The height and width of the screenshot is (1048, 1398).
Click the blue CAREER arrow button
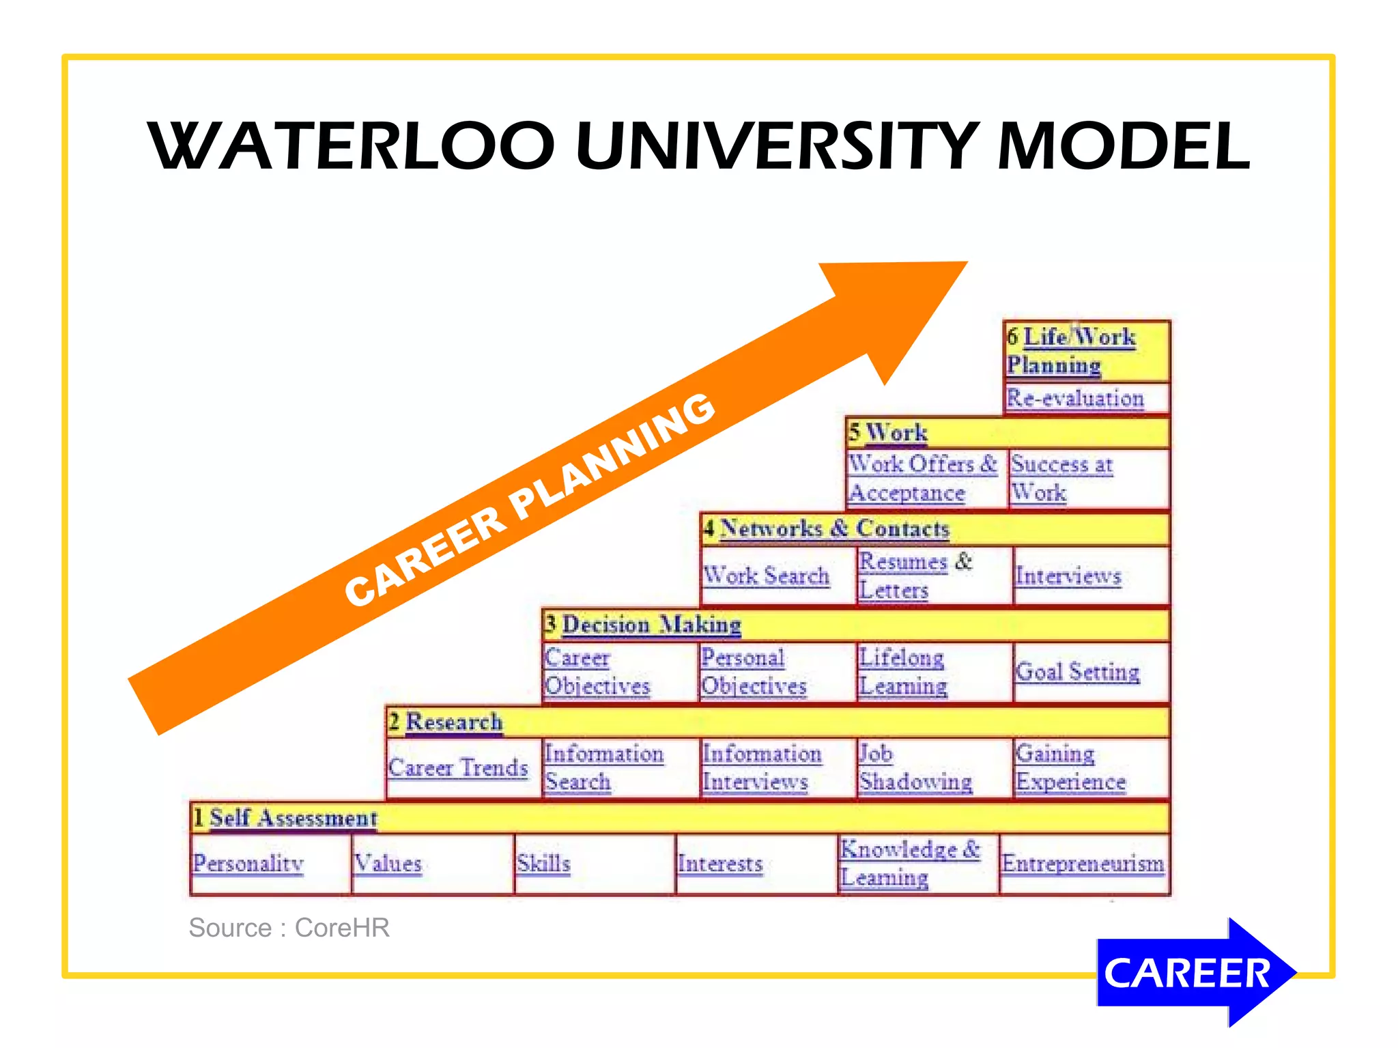point(1188,972)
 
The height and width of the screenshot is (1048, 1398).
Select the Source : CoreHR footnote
point(289,928)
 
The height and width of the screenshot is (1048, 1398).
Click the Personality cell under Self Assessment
point(248,863)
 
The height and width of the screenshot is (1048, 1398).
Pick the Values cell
point(388,863)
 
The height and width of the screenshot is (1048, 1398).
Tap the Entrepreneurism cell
point(1083,863)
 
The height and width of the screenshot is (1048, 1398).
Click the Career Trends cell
point(458,767)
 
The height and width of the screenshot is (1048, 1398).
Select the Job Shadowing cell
point(915,767)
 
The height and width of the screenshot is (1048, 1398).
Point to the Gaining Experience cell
point(1070,767)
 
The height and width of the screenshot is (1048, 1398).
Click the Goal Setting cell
point(1077,672)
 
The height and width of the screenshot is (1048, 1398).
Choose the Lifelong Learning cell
point(902,672)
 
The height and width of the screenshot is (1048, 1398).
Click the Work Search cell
point(766,576)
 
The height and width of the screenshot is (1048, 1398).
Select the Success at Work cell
point(1062,478)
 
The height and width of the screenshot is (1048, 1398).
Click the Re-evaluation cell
point(1075,398)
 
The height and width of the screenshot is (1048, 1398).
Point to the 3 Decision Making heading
point(643,625)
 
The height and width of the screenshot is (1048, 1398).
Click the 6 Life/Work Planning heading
point(1072,351)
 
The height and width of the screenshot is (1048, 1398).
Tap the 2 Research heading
point(446,722)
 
